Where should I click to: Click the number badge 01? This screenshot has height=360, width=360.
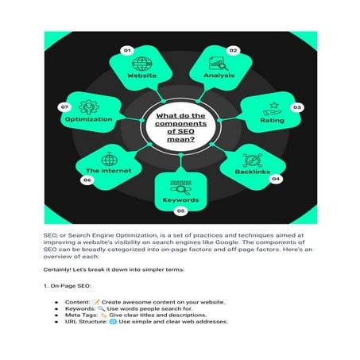point(127,50)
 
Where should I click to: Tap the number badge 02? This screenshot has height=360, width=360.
point(233,50)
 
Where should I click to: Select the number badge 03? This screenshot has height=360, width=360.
point(297,107)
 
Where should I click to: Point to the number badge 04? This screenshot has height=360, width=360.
point(276,179)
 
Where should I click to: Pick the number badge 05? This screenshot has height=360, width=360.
point(180,211)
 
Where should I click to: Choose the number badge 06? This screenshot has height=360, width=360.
point(87,180)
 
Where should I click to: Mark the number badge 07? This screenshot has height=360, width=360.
point(64,107)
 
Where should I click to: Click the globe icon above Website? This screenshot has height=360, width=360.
point(142,64)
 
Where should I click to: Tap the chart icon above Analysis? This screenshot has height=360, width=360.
point(219,64)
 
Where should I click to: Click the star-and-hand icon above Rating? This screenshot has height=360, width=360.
point(273,109)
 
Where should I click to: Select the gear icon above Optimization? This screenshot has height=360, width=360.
point(89,107)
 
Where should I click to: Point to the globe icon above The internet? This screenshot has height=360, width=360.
point(109,159)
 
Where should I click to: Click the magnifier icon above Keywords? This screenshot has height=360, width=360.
point(180,188)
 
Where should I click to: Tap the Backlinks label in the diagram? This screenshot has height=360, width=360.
point(253,172)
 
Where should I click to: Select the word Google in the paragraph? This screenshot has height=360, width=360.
point(226,242)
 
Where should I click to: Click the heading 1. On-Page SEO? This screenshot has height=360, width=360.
point(68,286)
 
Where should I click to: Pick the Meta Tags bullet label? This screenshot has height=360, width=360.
point(81,315)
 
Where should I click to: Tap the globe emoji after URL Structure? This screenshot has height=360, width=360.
point(113,322)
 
